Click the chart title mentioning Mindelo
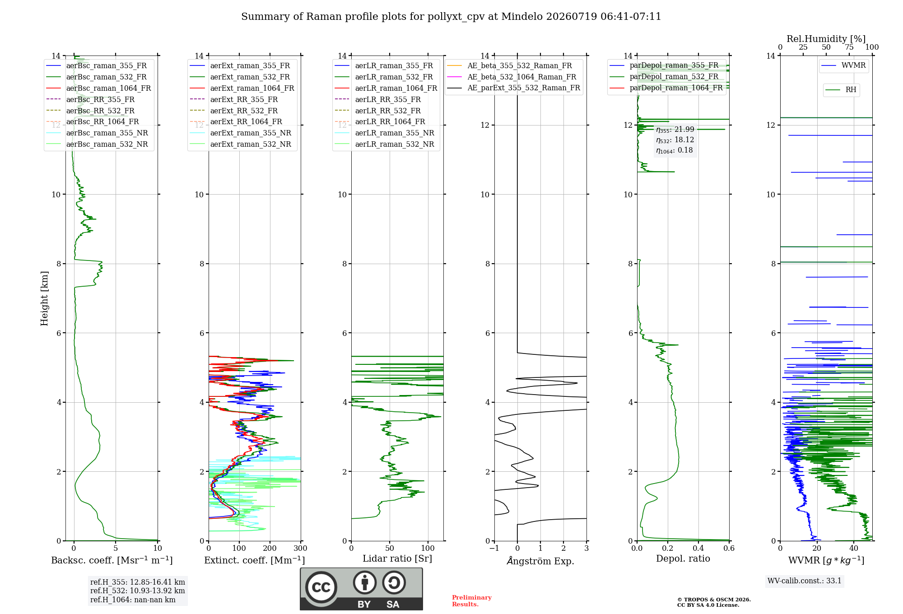click(451, 17)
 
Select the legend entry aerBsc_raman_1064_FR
click(98, 88)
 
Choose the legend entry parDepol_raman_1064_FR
click(666, 88)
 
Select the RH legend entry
click(841, 90)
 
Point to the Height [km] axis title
click(44, 298)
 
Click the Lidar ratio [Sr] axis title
click(397, 558)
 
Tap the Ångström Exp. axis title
click(540, 561)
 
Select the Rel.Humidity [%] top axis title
click(826, 39)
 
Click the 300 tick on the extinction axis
click(301, 549)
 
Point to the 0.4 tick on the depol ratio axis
click(698, 549)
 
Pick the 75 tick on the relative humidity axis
click(849, 47)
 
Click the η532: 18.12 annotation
click(675, 140)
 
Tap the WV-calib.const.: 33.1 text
click(805, 581)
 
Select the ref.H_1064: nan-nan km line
click(133, 600)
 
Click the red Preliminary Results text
click(472, 601)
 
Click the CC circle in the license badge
click(321, 587)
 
